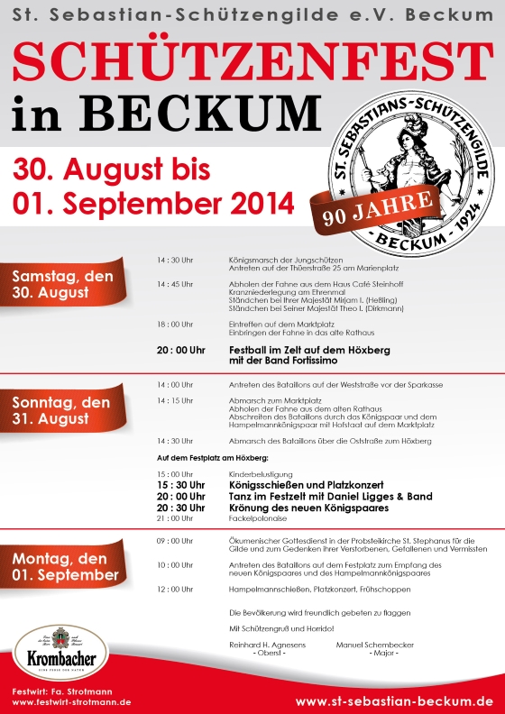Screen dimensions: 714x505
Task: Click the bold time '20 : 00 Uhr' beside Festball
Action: click(180, 349)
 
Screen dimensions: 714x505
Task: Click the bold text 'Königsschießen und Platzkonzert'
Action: click(307, 484)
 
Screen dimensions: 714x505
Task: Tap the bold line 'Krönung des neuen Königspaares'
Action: click(307, 508)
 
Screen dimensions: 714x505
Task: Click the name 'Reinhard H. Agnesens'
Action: click(268, 645)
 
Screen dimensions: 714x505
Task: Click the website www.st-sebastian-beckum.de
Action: click(394, 700)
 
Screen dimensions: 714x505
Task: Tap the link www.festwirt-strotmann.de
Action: click(72, 701)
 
